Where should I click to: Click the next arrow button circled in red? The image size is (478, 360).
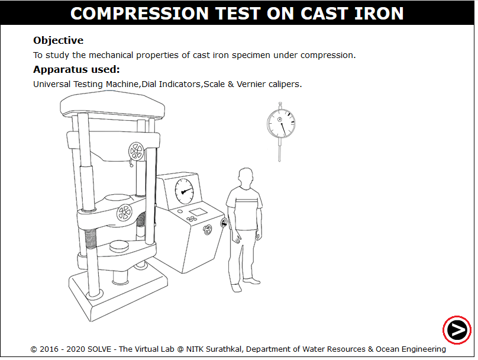(x=457, y=330)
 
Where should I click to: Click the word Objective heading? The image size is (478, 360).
(x=58, y=40)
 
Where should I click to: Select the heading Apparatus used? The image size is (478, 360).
(x=76, y=69)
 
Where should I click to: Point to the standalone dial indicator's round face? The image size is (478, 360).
(x=281, y=124)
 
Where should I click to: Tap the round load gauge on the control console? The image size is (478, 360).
(x=184, y=191)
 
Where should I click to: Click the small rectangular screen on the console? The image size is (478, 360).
(x=198, y=212)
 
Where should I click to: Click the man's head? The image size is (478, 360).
(x=246, y=178)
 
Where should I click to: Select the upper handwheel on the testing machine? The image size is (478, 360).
(x=136, y=152)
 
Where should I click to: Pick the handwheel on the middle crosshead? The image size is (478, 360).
(x=124, y=212)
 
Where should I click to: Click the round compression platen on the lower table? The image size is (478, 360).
(x=119, y=246)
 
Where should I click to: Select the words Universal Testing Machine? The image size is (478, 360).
(x=86, y=84)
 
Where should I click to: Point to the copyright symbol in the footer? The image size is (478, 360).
(x=34, y=349)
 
